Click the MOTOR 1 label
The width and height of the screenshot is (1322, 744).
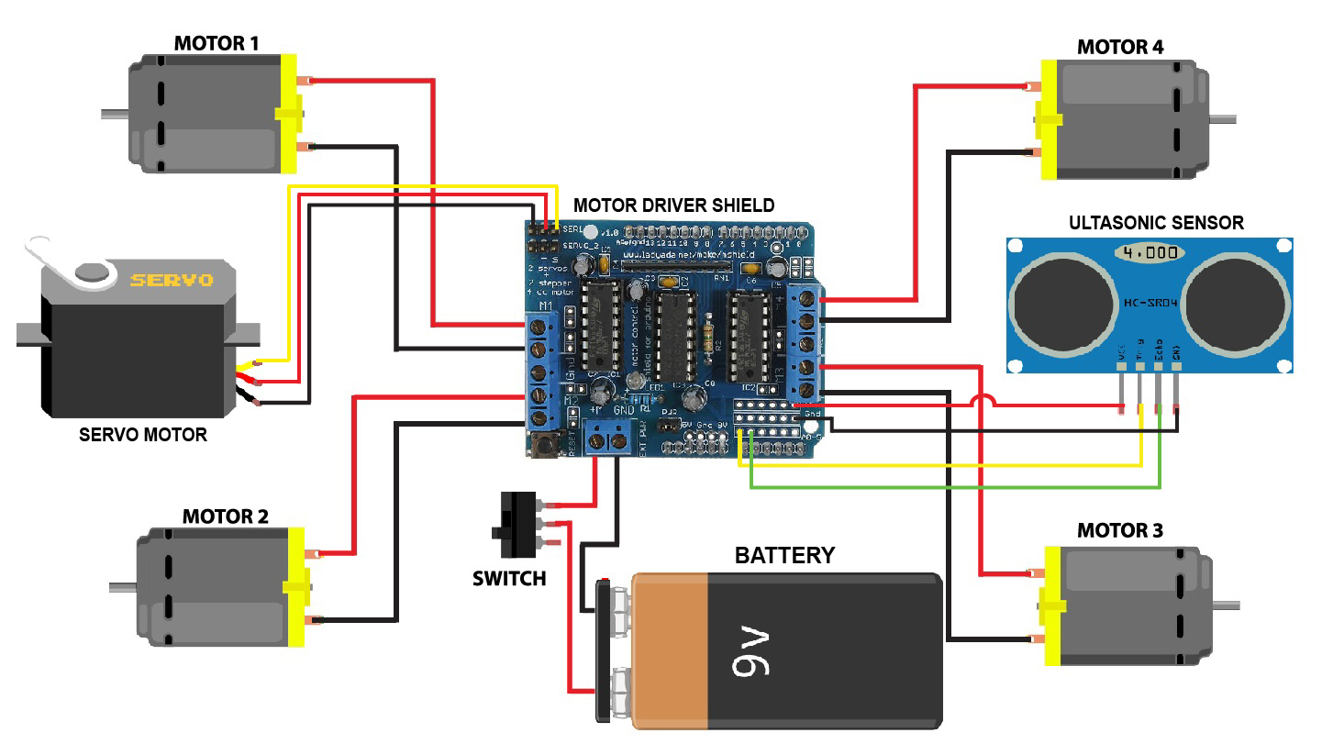(x=217, y=43)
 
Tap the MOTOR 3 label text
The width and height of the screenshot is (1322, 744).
(x=1119, y=531)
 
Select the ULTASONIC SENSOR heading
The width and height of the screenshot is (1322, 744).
(x=1156, y=223)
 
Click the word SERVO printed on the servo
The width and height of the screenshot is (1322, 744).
(x=171, y=280)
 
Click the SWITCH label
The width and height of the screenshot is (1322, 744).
(x=509, y=579)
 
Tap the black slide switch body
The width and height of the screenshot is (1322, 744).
(x=516, y=526)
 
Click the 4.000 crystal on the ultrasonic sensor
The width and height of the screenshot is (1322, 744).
(x=1147, y=251)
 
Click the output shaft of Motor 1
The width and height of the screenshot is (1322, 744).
(x=114, y=115)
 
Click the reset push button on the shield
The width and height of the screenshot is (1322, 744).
(x=545, y=446)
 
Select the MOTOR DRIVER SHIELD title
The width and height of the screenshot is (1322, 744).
(x=673, y=205)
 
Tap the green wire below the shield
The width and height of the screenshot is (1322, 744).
(x=954, y=487)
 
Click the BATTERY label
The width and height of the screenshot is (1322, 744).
(x=784, y=555)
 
